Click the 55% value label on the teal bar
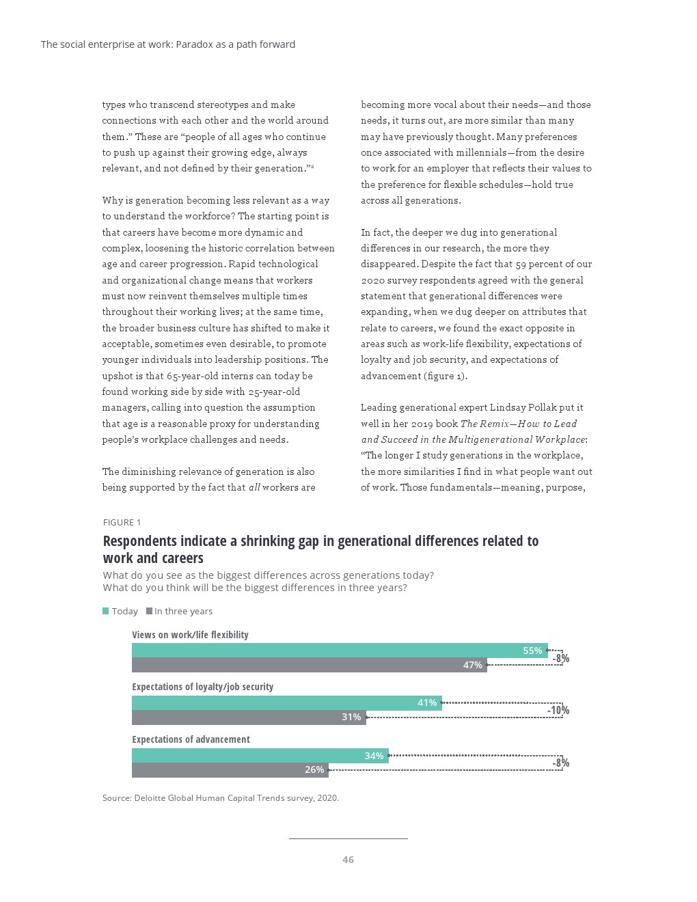532,651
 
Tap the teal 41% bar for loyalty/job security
286,703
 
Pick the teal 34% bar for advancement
260,756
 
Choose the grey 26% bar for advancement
230,770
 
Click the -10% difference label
558,711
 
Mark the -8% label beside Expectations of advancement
561,763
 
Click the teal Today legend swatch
106,611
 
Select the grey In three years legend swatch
149,611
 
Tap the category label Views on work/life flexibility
190,635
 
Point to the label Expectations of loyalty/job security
202,687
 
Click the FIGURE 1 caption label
122,523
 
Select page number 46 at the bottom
348,860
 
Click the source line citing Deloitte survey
220,797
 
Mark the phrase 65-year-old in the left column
195,376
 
